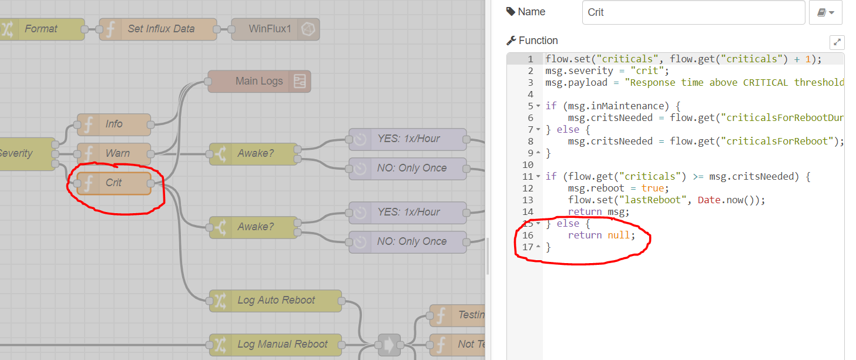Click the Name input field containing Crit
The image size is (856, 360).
(x=693, y=12)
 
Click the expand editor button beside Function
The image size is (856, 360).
(x=837, y=42)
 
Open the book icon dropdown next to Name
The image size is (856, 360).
(x=825, y=12)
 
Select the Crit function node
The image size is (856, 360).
(x=114, y=183)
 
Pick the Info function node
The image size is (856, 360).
(x=114, y=124)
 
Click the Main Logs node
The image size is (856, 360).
(x=259, y=81)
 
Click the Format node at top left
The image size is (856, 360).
(x=41, y=29)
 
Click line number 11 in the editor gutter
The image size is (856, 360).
(x=527, y=176)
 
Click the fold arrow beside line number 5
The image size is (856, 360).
(x=538, y=106)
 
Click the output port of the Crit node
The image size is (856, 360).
(x=151, y=184)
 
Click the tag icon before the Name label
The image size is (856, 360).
(x=510, y=12)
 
